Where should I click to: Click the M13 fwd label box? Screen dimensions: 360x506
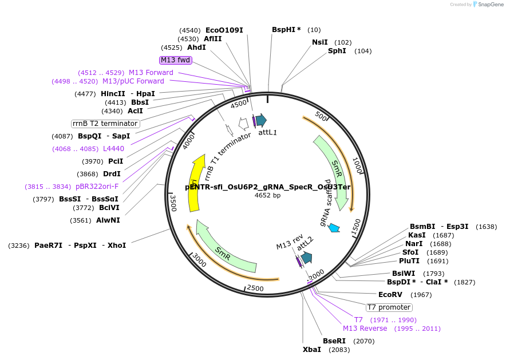click(x=175, y=60)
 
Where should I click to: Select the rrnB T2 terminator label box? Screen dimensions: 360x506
click(x=105, y=124)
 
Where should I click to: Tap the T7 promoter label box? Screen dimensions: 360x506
click(x=389, y=307)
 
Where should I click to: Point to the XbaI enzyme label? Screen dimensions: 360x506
click(x=312, y=350)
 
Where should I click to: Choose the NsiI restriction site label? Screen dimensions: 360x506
click(x=320, y=42)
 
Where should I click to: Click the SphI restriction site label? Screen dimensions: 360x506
click(x=337, y=51)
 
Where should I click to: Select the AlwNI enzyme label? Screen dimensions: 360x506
click(x=108, y=220)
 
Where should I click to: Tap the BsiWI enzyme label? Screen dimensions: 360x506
click(x=404, y=274)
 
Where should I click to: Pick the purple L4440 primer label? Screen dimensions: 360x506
click(x=113, y=149)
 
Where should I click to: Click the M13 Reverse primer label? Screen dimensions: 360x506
click(x=365, y=329)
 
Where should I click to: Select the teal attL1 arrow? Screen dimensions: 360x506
click(x=261, y=120)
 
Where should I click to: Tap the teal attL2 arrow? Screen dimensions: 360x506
click(x=306, y=258)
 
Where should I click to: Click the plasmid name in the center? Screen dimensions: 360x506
click(x=267, y=187)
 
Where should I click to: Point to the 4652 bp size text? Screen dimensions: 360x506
click(x=267, y=196)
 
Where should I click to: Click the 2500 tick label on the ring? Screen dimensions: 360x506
click(x=255, y=287)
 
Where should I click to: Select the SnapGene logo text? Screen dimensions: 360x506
click(x=491, y=5)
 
